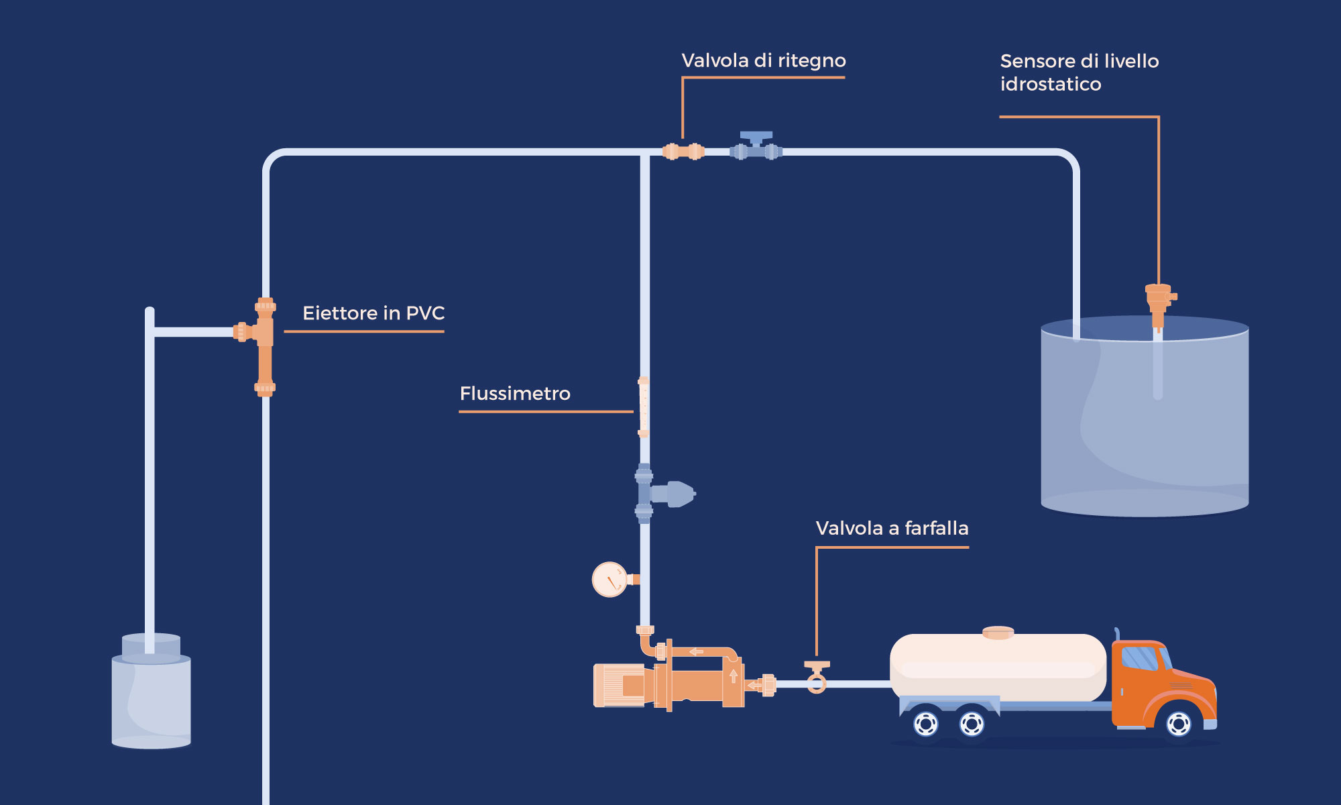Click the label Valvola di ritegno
[x=763, y=61]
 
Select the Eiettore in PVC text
[x=373, y=313]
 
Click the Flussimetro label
[x=514, y=394]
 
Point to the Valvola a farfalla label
[x=892, y=529]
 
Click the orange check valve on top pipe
[x=683, y=152]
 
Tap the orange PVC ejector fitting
[x=265, y=345]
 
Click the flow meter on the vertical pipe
[x=643, y=407]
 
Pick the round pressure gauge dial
[x=609, y=580]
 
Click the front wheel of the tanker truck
[x=1178, y=724]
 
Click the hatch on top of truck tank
[x=998, y=633]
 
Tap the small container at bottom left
[x=152, y=698]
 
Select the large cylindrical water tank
[x=1144, y=423]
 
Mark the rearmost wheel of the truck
[x=926, y=724]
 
